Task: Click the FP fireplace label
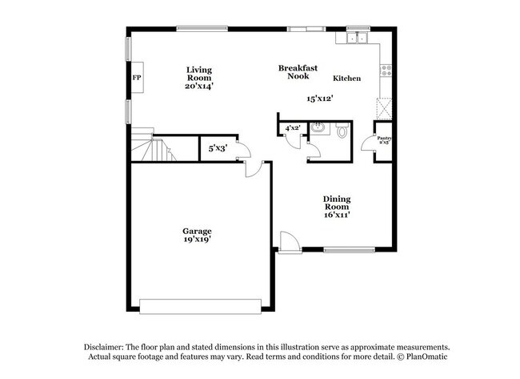tap(136, 79)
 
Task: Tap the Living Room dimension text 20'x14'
tap(199, 85)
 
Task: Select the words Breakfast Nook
tap(298, 72)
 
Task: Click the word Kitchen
tap(346, 79)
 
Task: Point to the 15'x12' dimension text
tap(319, 99)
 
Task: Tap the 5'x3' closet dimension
tap(217, 148)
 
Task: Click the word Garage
tap(197, 231)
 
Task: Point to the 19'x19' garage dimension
tap(197, 240)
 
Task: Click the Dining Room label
tap(337, 203)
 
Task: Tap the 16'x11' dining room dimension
tap(337, 214)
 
